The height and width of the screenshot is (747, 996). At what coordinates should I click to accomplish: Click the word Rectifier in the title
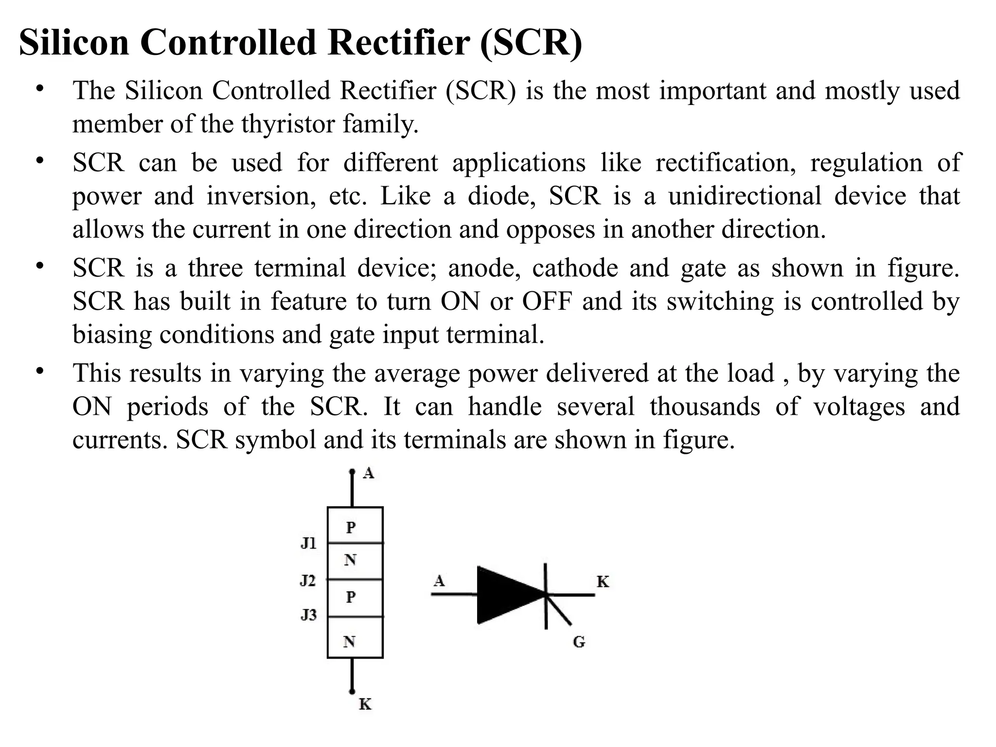click(x=399, y=43)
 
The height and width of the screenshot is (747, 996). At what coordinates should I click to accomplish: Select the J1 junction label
click(x=309, y=543)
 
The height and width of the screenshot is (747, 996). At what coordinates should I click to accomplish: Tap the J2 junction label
click(x=308, y=580)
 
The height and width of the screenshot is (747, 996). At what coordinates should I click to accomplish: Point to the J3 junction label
click(x=308, y=615)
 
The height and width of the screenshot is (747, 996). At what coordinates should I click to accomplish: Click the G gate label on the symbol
click(x=579, y=642)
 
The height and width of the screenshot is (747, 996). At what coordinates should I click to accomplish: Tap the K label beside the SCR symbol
click(x=603, y=582)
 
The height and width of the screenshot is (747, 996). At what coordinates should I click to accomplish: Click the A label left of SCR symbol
click(x=439, y=581)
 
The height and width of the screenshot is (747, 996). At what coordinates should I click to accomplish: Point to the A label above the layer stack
click(x=369, y=473)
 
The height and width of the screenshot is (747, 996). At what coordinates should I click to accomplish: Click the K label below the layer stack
click(x=365, y=704)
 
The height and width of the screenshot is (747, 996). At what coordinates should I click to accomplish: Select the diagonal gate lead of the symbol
click(x=559, y=611)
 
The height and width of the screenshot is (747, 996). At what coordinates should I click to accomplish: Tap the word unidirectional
click(x=745, y=196)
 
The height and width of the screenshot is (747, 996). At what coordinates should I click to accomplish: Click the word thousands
click(x=705, y=407)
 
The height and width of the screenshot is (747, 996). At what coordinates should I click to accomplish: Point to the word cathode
click(x=574, y=268)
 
